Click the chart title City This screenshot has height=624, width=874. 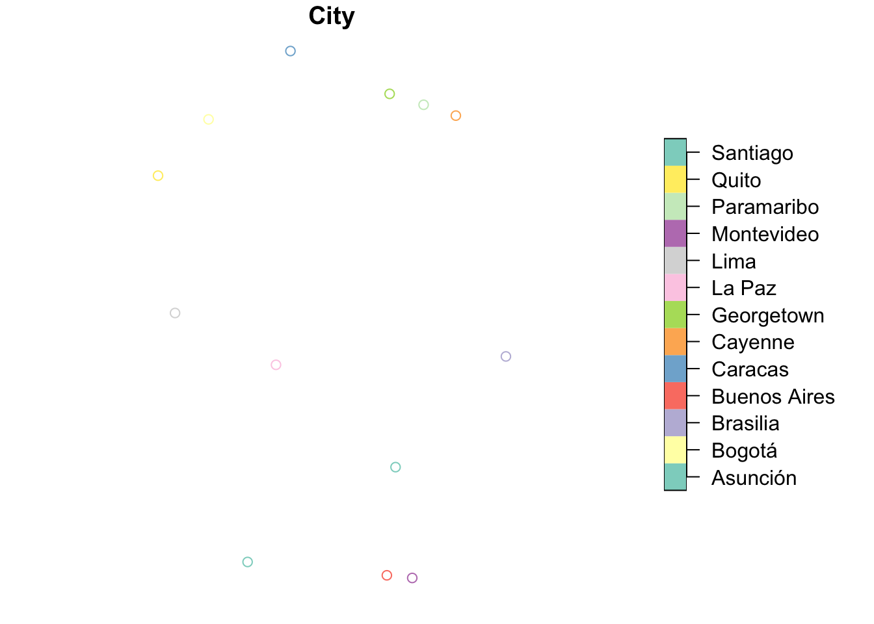tap(332, 16)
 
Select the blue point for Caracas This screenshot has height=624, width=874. tap(291, 51)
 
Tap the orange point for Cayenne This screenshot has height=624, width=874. tap(456, 116)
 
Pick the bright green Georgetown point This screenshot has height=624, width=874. tap(390, 94)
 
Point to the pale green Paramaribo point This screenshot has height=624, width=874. tap(423, 105)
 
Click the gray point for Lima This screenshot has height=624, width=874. tap(175, 313)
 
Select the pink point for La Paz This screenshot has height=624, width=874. tap(276, 365)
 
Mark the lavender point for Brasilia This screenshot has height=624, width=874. tap(506, 356)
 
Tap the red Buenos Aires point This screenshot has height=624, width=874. tap(387, 575)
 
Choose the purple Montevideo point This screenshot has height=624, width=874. tap(412, 578)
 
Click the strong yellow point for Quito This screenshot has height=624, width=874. tap(158, 175)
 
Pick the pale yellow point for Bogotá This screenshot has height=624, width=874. tap(209, 120)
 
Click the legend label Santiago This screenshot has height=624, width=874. tap(752, 153)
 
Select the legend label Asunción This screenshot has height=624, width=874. tap(754, 478)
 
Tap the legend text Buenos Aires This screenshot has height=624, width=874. tap(773, 396)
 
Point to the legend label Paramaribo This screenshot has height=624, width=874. tap(765, 207)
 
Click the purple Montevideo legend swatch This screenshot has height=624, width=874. tap(675, 233)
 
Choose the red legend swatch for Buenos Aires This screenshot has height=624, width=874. tap(675, 396)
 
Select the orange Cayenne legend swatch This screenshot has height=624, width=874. tap(675, 342)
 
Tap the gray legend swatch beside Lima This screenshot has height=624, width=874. tap(675, 261)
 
